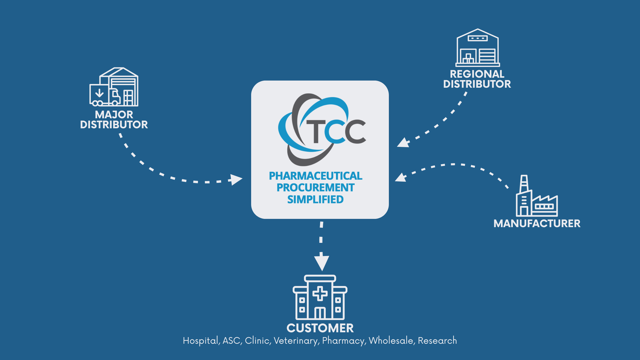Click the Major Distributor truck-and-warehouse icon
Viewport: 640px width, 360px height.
(114, 87)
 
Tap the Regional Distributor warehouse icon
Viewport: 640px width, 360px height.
(477, 48)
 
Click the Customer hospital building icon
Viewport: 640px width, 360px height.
(320, 297)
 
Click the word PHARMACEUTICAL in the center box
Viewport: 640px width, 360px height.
(315, 176)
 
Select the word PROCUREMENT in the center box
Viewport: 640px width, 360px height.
(315, 188)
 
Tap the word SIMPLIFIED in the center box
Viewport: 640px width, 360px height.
(315, 199)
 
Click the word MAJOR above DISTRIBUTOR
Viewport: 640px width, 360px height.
(114, 114)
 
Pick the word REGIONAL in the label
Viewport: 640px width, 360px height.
(477, 74)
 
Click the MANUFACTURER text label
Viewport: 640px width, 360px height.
(537, 223)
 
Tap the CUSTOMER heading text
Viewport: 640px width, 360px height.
(320, 328)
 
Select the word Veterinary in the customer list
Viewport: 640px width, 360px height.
(296, 341)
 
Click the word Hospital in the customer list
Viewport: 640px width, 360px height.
(200, 341)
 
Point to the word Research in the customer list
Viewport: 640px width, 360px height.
(437, 341)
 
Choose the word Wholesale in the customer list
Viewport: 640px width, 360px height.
(391, 341)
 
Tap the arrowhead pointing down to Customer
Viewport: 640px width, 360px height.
(322, 263)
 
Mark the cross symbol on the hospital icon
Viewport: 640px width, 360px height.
(320, 293)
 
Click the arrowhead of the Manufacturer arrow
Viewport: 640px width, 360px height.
(400, 177)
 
